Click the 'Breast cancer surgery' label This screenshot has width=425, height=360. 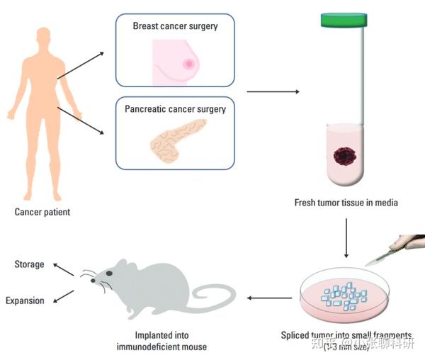tap(174, 26)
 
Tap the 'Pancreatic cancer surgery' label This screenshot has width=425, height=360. tap(175, 109)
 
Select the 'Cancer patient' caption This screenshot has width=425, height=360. tap(42, 211)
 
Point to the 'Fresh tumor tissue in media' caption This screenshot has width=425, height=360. tap(346, 203)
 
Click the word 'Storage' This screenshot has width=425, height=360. tap(29, 265)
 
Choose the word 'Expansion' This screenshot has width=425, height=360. tap(25, 300)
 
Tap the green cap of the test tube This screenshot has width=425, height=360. tap(346, 21)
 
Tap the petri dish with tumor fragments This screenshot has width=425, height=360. tap(345, 296)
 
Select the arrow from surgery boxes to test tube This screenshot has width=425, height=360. tap(272, 91)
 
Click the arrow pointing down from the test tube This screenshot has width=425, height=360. tap(346, 237)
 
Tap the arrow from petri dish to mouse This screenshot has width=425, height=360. tap(268, 298)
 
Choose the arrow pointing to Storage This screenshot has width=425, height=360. tap(64, 269)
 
